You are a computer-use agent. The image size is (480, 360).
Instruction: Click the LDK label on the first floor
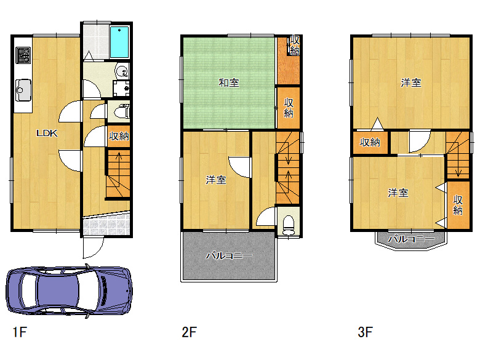(x=47, y=133)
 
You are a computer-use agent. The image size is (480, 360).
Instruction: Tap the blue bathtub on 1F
(x=119, y=42)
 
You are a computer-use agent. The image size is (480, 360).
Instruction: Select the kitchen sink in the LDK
(x=23, y=90)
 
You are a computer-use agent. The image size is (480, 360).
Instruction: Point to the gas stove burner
(x=23, y=55)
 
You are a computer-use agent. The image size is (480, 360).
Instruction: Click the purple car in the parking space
(x=69, y=291)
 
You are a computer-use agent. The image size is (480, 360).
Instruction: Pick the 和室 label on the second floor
(x=229, y=82)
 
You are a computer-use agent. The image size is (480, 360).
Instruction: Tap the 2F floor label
(x=189, y=332)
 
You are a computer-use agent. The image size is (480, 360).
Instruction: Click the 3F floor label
(x=365, y=332)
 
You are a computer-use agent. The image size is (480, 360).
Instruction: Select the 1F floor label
(x=20, y=332)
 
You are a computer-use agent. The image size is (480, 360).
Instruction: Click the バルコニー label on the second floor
(x=229, y=255)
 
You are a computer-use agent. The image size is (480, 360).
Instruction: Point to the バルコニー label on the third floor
(x=411, y=239)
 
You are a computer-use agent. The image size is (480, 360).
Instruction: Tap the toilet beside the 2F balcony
(x=289, y=225)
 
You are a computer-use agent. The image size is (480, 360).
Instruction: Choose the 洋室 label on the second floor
(x=216, y=180)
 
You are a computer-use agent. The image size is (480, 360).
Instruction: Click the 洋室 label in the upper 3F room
(x=411, y=82)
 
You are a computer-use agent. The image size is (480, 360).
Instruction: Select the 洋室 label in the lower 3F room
(x=398, y=193)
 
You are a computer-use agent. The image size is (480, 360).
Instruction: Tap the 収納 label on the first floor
(x=119, y=136)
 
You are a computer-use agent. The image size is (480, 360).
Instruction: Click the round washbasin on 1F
(x=122, y=71)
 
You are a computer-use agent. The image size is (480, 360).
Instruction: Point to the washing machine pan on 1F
(x=121, y=89)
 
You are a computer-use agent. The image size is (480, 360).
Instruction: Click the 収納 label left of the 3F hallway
(x=370, y=142)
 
